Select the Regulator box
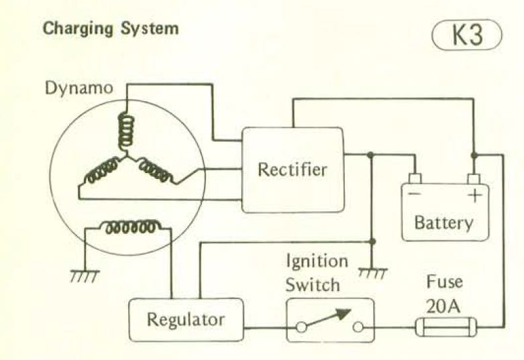point(186,319)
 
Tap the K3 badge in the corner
point(468,35)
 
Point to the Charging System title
point(111,29)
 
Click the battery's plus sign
point(474,196)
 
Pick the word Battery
point(443,222)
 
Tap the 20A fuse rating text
point(443,306)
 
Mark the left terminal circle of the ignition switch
point(302,328)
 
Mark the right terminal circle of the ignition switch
point(358,328)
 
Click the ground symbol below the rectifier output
point(372,272)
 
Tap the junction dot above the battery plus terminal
point(474,155)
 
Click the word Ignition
point(317,261)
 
